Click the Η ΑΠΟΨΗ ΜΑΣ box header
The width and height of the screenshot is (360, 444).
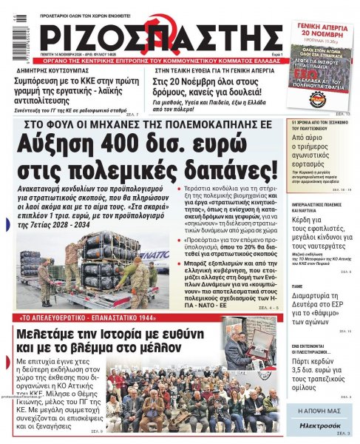[x=325, y=409]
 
